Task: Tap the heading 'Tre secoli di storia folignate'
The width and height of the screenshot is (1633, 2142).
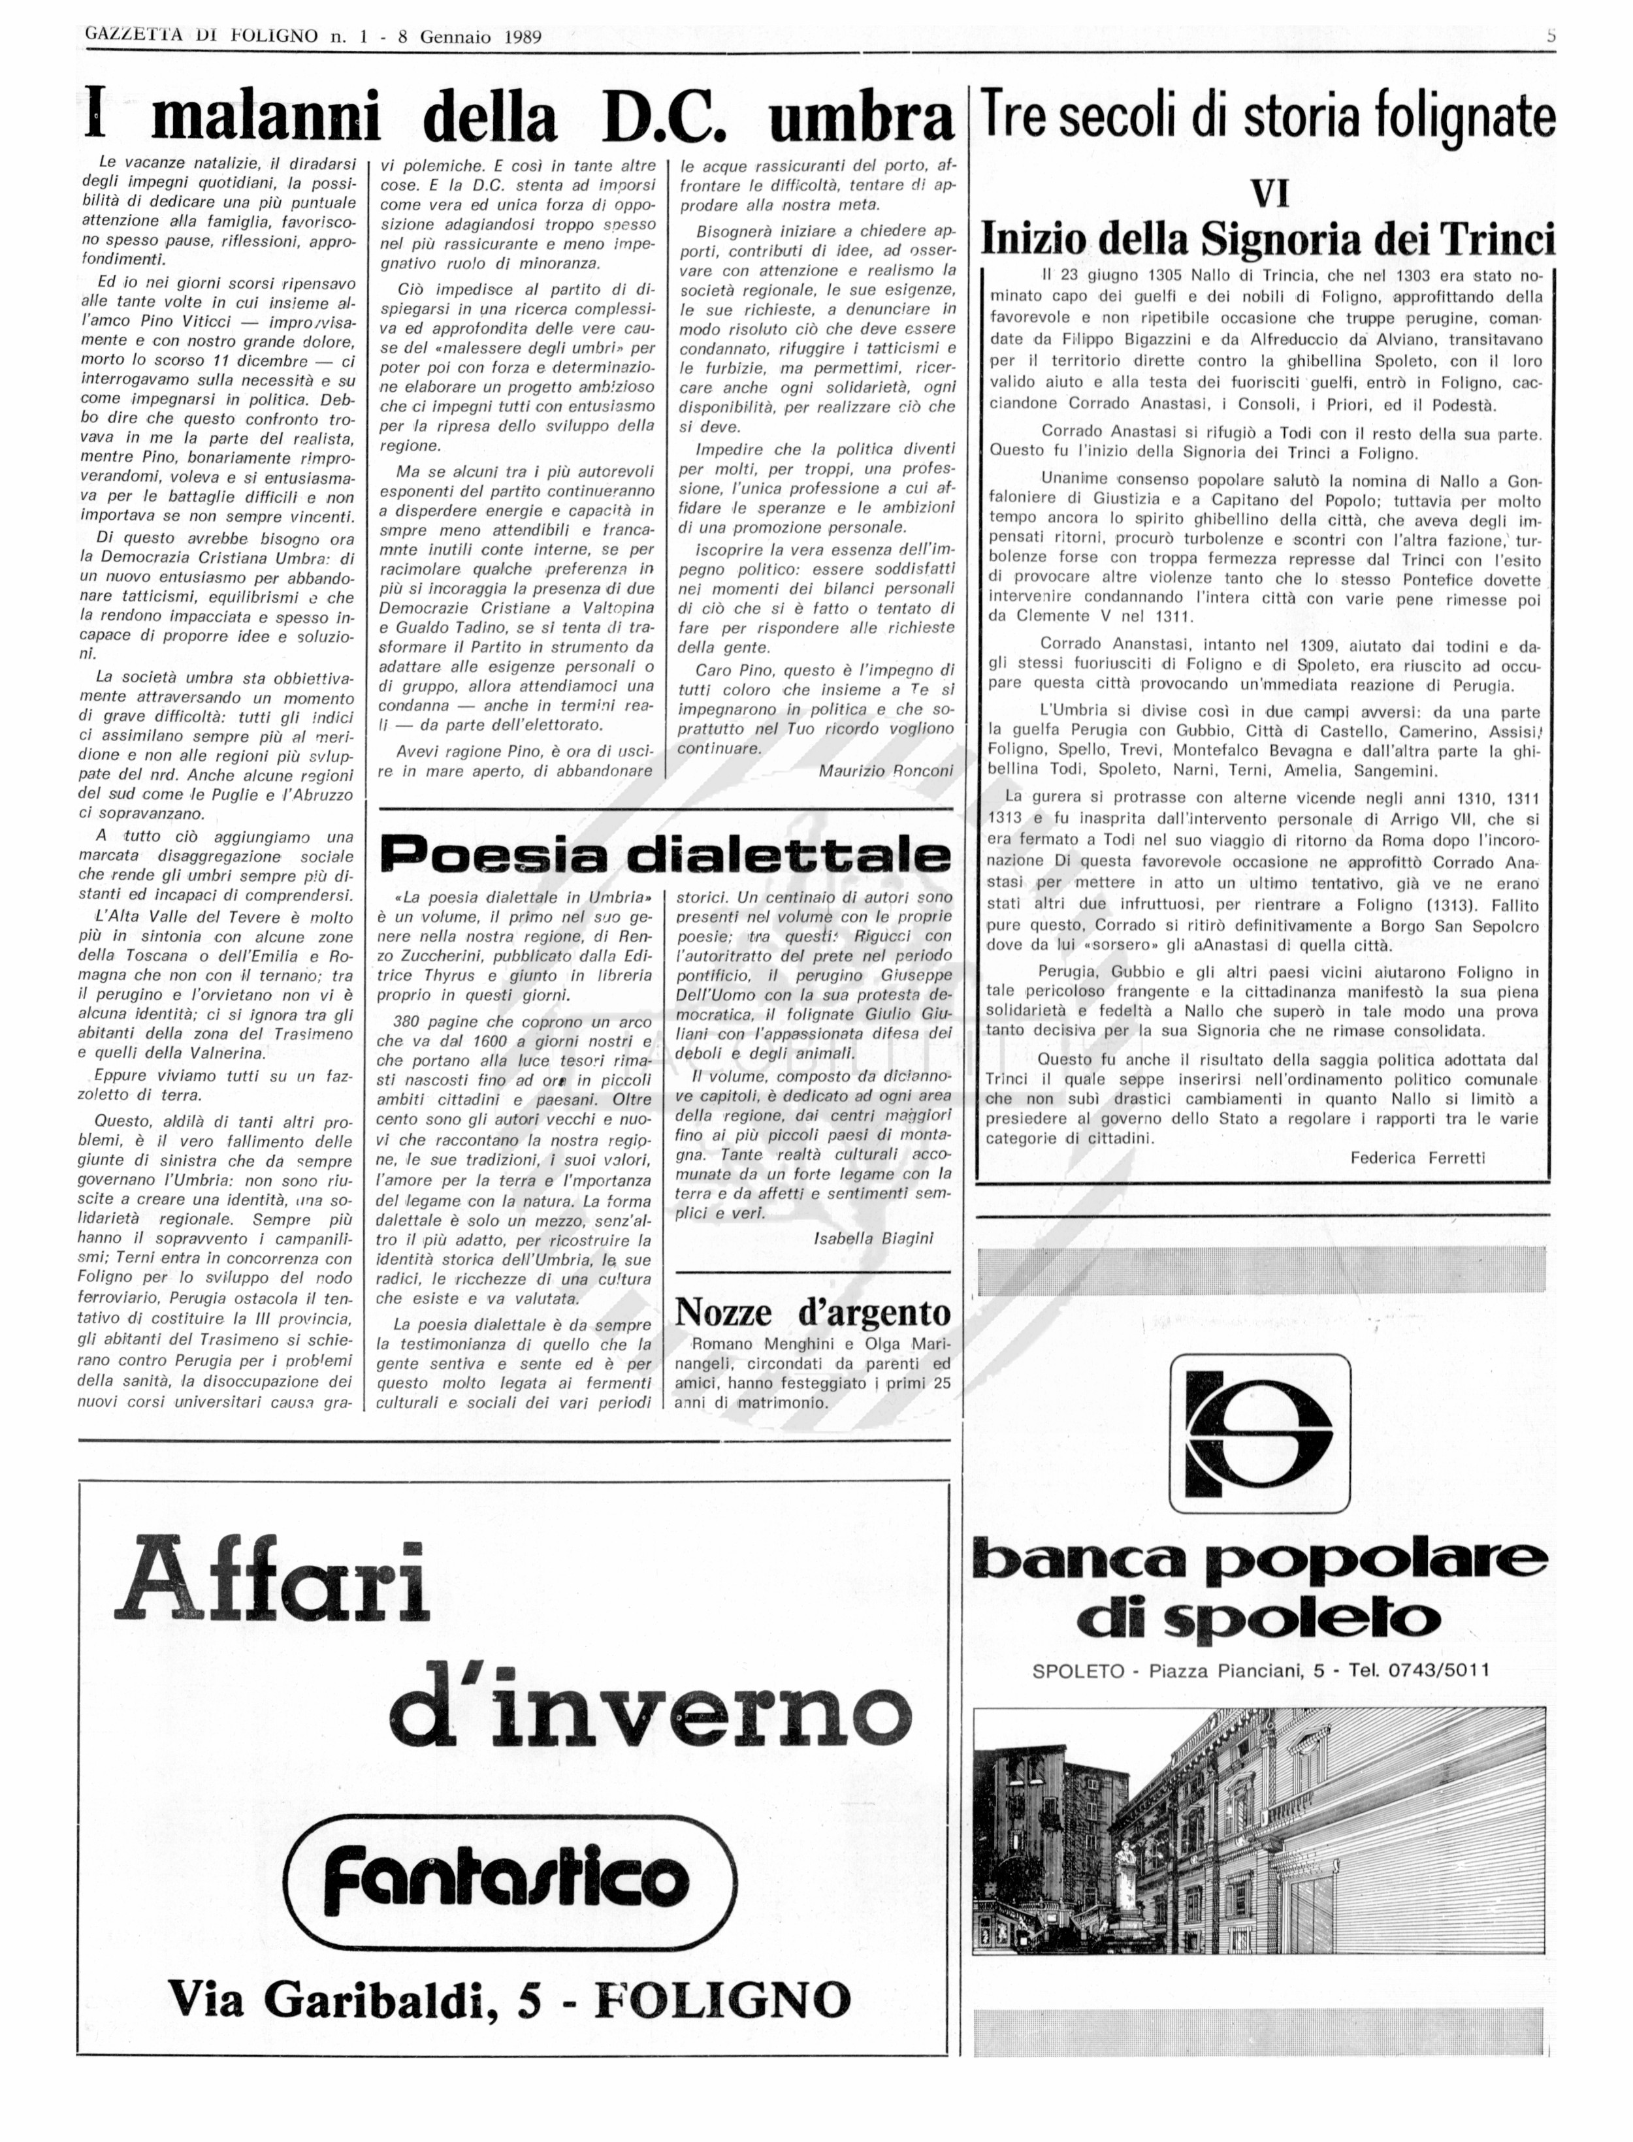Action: pos(1269,117)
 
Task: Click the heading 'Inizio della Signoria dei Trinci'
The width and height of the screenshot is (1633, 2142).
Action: pos(1269,238)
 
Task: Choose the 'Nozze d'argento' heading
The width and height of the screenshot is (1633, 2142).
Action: pos(813,1312)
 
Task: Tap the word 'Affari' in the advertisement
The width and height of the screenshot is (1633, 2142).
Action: pos(272,1577)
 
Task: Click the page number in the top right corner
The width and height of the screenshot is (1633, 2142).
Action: pos(1551,36)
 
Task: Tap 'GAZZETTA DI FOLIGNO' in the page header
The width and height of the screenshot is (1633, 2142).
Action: pos(201,37)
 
